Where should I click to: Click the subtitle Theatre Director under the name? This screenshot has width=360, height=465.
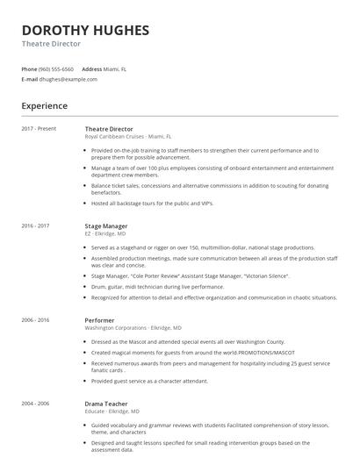[x=51, y=43]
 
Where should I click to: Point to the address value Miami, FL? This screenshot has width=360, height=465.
[x=116, y=68]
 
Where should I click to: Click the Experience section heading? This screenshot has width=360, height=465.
[x=44, y=105]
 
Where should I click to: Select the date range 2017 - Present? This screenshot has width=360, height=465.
[x=39, y=129]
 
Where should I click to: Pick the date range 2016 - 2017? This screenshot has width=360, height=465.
[x=35, y=225]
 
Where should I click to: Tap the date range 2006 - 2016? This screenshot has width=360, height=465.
[x=35, y=320]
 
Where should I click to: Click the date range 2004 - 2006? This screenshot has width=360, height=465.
[x=35, y=404]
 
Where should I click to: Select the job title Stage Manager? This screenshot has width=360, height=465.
[x=106, y=225]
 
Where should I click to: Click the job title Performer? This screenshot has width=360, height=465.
[x=100, y=320]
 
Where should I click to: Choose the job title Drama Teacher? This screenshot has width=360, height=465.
[x=107, y=404]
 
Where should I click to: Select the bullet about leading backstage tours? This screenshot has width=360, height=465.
[x=152, y=203]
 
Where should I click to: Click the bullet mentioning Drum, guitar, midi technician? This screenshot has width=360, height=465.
[x=145, y=286]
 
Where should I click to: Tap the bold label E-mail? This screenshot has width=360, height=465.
[x=30, y=79]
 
